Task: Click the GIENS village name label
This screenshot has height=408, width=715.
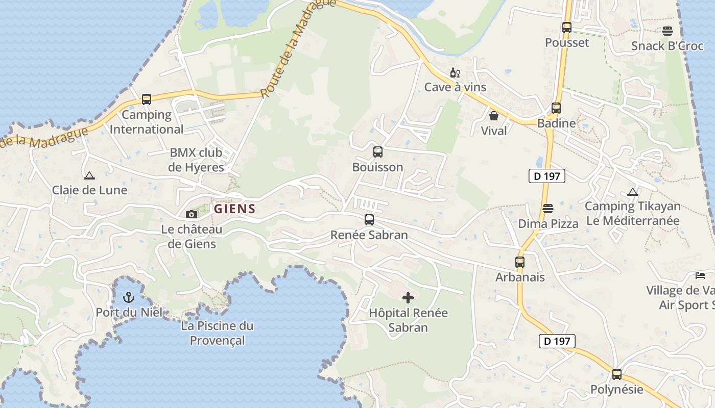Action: (234, 209)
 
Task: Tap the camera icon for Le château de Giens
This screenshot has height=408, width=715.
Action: (192, 214)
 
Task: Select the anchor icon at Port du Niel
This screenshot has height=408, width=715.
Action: (129, 297)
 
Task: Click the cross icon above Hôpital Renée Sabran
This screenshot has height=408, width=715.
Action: (408, 297)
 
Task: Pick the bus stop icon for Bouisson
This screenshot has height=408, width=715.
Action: (377, 151)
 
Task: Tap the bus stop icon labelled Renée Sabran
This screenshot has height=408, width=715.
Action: (369, 220)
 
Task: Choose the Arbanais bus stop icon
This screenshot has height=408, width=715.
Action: (520, 262)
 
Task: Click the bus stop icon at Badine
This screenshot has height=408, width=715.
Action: (556, 108)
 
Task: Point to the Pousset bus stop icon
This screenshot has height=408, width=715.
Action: (567, 28)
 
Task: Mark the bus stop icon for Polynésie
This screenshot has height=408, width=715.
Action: (617, 374)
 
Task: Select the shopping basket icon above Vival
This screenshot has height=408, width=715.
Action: (494, 116)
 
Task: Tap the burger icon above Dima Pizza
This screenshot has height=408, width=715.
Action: (548, 209)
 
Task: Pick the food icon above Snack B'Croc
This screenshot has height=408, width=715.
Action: (667, 31)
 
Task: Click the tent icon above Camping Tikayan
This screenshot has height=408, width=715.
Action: (633, 192)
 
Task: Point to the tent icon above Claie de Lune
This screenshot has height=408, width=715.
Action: (89, 175)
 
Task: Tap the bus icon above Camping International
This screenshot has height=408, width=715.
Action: (147, 99)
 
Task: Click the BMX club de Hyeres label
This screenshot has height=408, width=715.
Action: (197, 160)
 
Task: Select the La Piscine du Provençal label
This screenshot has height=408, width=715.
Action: (217, 333)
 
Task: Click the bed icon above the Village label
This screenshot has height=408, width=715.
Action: (700, 275)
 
